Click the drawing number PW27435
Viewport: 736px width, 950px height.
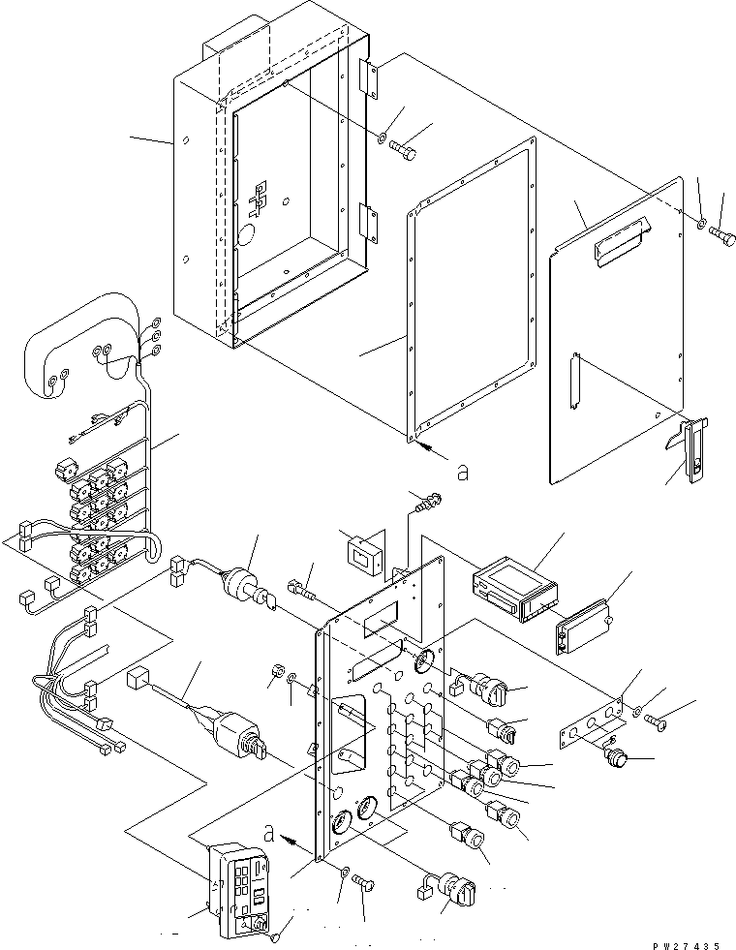[686, 945]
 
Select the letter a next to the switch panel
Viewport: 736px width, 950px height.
[269, 835]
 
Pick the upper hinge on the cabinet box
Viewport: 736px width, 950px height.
[370, 77]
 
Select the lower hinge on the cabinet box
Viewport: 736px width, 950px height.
[369, 222]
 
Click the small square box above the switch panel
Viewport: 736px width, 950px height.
[362, 553]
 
